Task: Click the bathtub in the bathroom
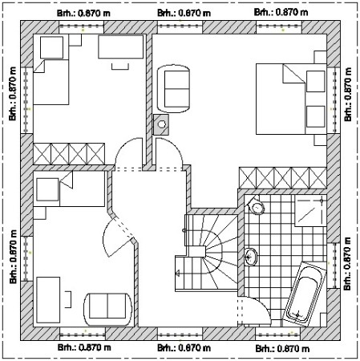[305, 294]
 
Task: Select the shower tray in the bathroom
[310, 211]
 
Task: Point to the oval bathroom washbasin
[251, 257]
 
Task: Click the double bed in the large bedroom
[291, 99]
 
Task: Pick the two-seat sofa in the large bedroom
[174, 89]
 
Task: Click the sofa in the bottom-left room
[107, 306]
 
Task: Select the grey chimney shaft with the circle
[161, 124]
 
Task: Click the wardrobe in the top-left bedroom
[69, 153]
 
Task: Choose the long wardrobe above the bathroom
[283, 178]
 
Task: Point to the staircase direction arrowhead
[177, 274]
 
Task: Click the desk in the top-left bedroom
[121, 47]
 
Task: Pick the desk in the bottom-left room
[48, 300]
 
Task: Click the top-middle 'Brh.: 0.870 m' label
[184, 13]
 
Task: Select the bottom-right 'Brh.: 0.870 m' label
[282, 348]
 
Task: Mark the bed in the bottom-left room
[69, 189]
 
